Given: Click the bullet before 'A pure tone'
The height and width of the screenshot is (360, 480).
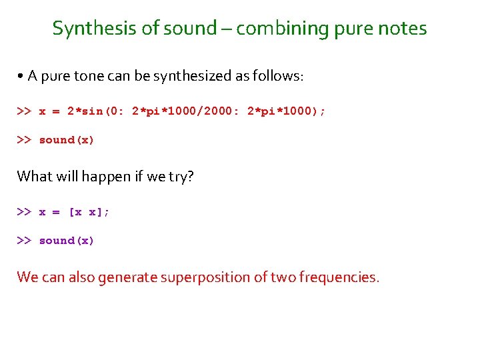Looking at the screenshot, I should click(21, 77).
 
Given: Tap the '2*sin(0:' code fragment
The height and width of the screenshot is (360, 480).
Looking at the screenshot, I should click(96, 112).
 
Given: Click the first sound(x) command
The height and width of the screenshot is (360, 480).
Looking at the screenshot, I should click(67, 140).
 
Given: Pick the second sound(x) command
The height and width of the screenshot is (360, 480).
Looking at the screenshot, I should click(67, 241).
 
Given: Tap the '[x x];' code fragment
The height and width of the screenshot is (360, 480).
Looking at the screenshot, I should click(89, 212).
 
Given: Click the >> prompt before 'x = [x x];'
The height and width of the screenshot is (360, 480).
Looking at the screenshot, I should click(24, 212).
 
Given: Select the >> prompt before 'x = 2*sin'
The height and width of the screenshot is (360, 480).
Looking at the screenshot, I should click(24, 112).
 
